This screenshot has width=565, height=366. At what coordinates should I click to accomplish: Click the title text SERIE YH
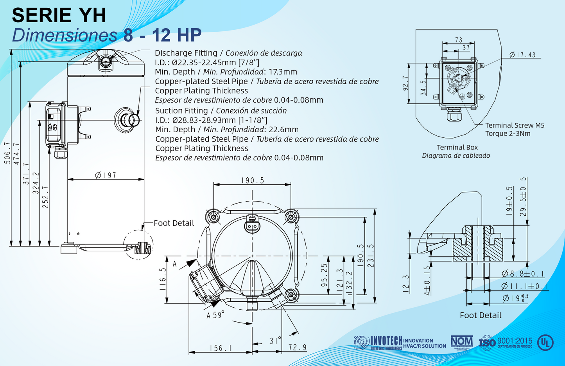point(59,15)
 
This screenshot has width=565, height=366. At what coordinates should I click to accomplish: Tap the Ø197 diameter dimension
point(106,175)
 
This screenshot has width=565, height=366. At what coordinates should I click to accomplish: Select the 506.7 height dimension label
point(7,153)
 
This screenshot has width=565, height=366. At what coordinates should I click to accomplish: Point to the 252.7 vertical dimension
point(46,197)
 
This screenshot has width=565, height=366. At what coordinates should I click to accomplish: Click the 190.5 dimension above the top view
point(253,180)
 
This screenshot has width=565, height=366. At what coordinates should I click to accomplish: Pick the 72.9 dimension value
point(298,348)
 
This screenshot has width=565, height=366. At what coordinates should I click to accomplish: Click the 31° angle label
point(275,341)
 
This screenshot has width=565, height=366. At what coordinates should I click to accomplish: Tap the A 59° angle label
point(215,315)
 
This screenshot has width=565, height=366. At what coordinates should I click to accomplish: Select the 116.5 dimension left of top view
point(163,279)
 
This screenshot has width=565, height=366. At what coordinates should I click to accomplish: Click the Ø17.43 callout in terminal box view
point(522,55)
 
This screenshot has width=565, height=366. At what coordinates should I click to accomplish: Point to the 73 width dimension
point(459,40)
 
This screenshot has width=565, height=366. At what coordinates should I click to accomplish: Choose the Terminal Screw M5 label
point(515,125)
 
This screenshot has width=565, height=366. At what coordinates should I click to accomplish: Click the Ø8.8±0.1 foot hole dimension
point(523,274)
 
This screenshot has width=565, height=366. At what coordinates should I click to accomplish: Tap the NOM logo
point(461,341)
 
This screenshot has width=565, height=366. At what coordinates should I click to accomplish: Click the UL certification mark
point(545,343)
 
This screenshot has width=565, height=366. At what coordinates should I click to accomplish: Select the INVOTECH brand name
point(386,341)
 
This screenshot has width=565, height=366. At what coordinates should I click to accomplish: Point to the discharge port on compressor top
point(106,61)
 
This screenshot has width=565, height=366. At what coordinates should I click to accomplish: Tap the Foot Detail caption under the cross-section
point(480,315)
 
